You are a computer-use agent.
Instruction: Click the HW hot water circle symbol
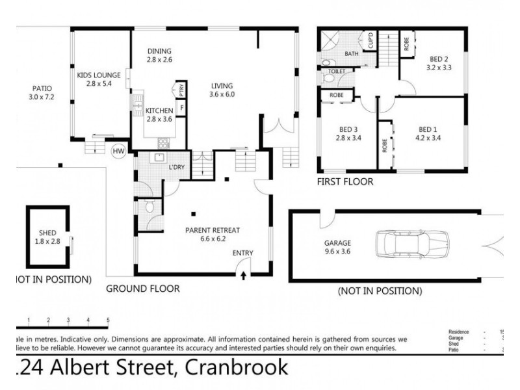(x=118, y=151)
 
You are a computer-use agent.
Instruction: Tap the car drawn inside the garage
(x=410, y=246)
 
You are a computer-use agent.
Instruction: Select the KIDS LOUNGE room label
(x=96, y=75)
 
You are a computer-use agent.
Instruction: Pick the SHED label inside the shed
(x=47, y=233)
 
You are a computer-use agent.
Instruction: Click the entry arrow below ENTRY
(x=244, y=275)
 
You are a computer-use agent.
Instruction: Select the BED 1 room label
(x=428, y=129)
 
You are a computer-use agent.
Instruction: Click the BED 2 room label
(x=437, y=58)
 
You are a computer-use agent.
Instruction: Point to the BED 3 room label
(x=348, y=129)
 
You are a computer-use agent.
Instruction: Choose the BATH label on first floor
(x=352, y=54)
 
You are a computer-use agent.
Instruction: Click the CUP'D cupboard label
(x=370, y=40)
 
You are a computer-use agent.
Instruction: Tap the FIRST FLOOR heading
(x=344, y=182)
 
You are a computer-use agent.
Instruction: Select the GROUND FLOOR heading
(x=142, y=288)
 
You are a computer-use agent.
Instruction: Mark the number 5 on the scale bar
(x=108, y=320)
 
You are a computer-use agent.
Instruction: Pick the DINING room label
(x=159, y=51)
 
